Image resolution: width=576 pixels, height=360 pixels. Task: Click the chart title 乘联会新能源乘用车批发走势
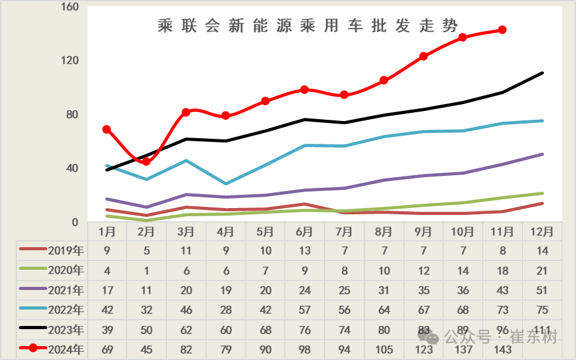tap(308, 26)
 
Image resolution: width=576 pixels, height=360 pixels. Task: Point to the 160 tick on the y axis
tap(69, 7)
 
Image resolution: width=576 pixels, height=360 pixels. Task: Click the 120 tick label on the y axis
tap(69, 61)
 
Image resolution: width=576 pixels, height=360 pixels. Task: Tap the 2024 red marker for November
tap(502, 30)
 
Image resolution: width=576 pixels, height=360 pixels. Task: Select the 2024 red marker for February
tap(146, 161)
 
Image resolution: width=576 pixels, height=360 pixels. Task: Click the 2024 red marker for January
tap(107, 129)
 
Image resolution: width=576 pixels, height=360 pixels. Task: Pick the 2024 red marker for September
tap(423, 56)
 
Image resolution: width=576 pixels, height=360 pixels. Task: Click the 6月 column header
tap(305, 231)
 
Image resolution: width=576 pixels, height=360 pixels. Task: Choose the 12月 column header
tap(542, 231)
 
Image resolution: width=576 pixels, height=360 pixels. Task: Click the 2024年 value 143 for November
tap(502, 349)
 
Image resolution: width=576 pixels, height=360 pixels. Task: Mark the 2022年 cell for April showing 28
tap(226, 310)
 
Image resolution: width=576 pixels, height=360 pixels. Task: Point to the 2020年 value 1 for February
tap(146, 270)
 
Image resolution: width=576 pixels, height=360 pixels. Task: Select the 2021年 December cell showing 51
tap(542, 290)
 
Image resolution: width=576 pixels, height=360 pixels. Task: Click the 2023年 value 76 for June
tap(305, 330)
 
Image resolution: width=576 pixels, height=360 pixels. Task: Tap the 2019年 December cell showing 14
tap(542, 250)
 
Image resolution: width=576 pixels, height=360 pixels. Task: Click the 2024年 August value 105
tap(384, 349)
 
